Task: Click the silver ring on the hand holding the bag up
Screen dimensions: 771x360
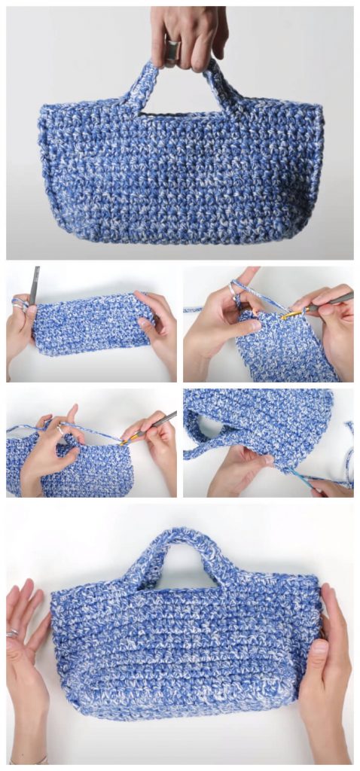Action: [172, 50]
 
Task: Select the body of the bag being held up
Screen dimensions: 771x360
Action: [181, 173]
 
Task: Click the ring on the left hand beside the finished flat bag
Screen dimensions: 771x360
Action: [13, 634]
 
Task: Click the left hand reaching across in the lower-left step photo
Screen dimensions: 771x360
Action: [49, 452]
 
